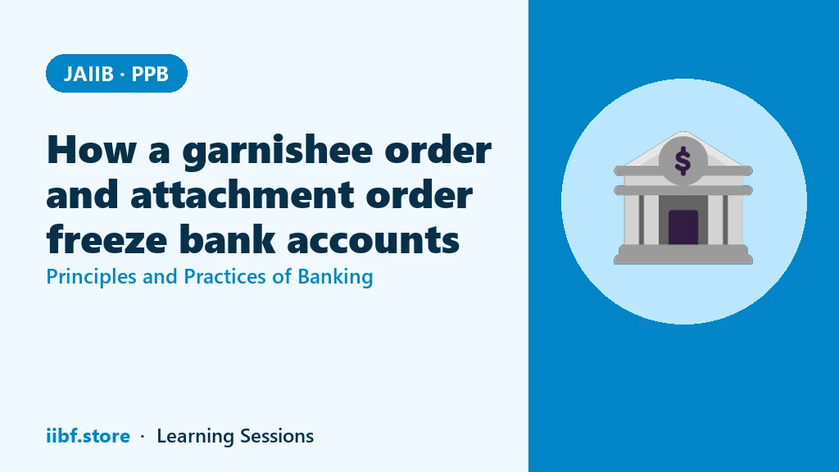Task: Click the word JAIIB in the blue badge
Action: pyautogui.click(x=88, y=74)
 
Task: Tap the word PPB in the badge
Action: pyautogui.click(x=150, y=74)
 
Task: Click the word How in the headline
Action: pyautogui.click(x=92, y=149)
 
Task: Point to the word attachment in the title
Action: pyautogui.click(x=242, y=194)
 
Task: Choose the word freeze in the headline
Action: pyautogui.click(x=107, y=238)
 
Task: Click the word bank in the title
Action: pyautogui.click(x=227, y=238)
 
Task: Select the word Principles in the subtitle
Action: pyautogui.click(x=92, y=277)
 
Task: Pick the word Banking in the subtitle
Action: pyautogui.click(x=335, y=278)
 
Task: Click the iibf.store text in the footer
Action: pyautogui.click(x=88, y=436)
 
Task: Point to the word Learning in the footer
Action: pyautogui.click(x=195, y=437)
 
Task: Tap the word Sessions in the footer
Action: pyautogui.click(x=277, y=436)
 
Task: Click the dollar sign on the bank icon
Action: pyautogui.click(x=683, y=161)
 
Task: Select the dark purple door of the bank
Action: pyautogui.click(x=683, y=227)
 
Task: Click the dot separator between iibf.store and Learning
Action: pyautogui.click(x=143, y=437)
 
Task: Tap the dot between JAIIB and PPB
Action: pyautogui.click(x=123, y=75)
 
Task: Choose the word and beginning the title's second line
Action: pyautogui.click(x=83, y=194)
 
